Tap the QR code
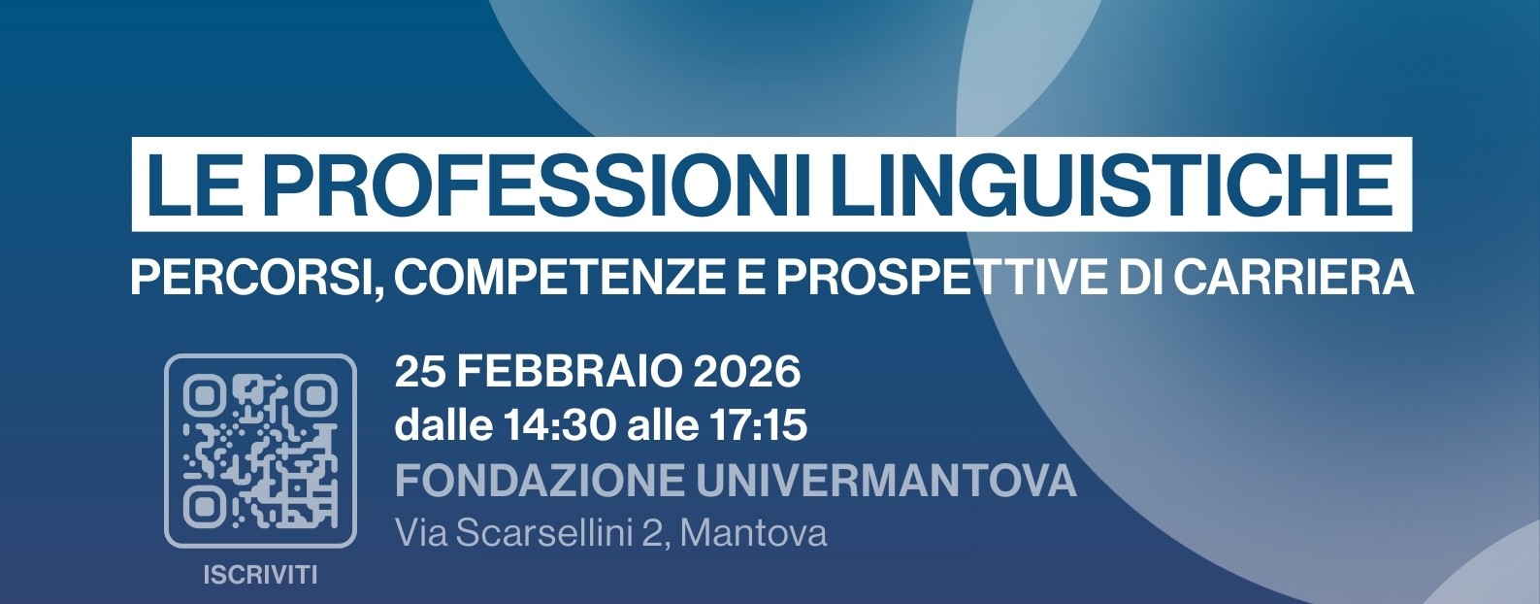click(260, 450)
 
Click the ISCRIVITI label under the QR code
click(260, 575)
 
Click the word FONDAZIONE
click(539, 481)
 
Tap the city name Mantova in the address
click(754, 533)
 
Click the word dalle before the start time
click(442, 425)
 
